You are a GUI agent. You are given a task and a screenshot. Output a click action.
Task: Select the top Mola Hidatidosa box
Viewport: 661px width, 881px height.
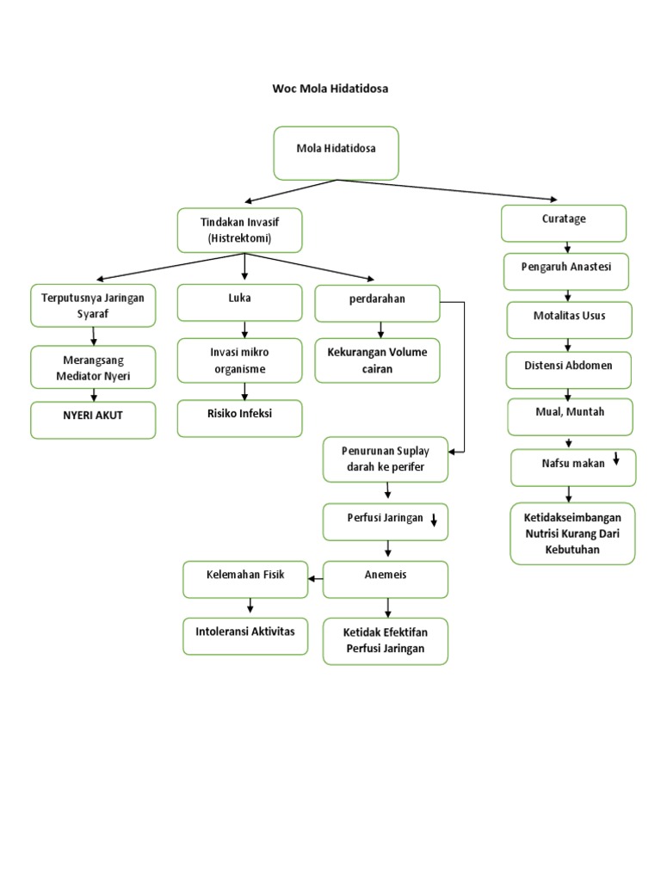click(336, 152)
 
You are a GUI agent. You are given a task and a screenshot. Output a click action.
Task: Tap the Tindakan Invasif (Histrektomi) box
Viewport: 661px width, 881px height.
click(239, 230)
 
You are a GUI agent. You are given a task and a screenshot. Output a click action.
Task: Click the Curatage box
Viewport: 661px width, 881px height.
click(564, 223)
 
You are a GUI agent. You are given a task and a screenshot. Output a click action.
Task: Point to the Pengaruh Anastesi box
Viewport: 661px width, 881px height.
click(566, 271)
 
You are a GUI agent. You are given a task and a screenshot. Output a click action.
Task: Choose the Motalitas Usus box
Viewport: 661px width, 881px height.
click(569, 319)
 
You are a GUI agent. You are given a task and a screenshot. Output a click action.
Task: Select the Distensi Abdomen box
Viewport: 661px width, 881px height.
click(568, 369)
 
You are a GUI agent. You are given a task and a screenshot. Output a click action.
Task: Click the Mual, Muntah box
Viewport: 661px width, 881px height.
click(570, 416)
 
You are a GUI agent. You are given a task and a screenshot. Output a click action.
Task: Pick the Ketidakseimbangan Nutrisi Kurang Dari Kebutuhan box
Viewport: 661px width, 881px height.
click(572, 533)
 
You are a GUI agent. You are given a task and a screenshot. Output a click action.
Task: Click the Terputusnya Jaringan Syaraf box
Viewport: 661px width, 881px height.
click(94, 305)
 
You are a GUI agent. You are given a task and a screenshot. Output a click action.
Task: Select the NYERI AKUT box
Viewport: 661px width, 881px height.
click(94, 420)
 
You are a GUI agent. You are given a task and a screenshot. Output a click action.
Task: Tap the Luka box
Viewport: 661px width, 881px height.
click(239, 302)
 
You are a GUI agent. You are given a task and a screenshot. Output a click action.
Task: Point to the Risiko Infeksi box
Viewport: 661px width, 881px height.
click(239, 417)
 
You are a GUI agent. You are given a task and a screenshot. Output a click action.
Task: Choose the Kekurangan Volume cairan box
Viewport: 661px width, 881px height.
click(377, 360)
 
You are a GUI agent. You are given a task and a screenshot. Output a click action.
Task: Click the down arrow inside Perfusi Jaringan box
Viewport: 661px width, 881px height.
click(435, 519)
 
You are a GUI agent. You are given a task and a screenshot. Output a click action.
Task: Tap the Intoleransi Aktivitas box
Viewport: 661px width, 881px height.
click(245, 636)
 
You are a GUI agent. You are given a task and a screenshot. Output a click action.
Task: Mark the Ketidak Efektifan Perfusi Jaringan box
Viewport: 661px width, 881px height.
click(386, 641)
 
